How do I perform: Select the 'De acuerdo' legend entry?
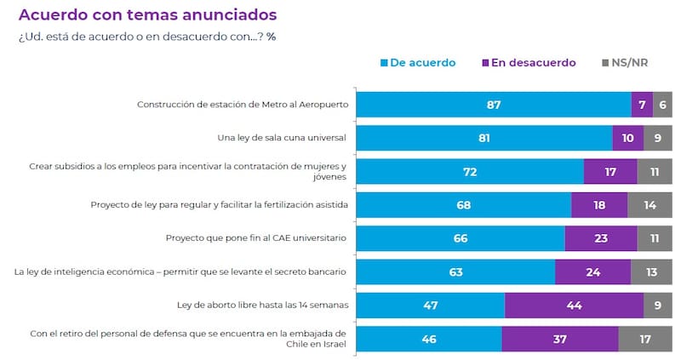tap(418, 63)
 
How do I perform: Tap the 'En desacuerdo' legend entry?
tap(529, 63)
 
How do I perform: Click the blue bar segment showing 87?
tap(493, 105)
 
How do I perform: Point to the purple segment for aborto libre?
tap(574, 305)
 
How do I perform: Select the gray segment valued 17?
tap(645, 339)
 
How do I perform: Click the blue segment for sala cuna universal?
tap(484, 138)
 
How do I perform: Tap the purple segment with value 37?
tap(560, 339)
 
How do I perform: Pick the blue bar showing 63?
tap(455, 271)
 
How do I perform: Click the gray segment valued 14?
tap(650, 205)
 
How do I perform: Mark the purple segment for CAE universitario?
tap(600, 238)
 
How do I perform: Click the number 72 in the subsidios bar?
tap(469, 171)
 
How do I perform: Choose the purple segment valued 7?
tap(642, 105)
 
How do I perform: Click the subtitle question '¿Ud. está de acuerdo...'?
tap(146, 37)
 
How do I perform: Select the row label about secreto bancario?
tap(180, 271)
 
